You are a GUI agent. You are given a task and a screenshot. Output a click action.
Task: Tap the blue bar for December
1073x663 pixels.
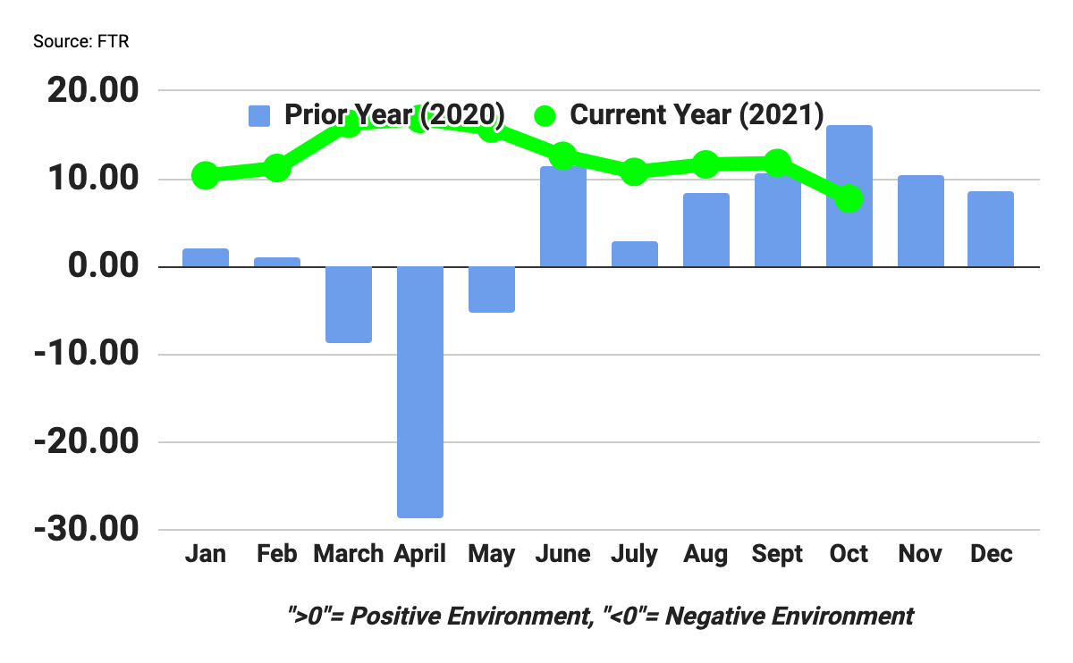pyautogui.click(x=991, y=229)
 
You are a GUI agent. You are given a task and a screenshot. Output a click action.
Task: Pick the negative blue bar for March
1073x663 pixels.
pyautogui.click(x=349, y=305)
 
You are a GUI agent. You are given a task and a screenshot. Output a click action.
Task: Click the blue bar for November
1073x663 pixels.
pyautogui.click(x=920, y=221)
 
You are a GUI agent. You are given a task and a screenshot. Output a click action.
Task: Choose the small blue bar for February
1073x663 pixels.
pyautogui.click(x=277, y=262)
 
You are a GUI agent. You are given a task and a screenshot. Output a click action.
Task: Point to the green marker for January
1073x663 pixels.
pyautogui.click(x=206, y=176)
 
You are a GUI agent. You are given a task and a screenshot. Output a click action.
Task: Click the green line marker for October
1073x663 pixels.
pyautogui.click(x=849, y=198)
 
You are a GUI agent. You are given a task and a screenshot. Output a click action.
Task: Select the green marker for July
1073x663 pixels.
pyautogui.click(x=634, y=172)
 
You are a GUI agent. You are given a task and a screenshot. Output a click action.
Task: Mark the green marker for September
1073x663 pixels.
pyautogui.click(x=777, y=163)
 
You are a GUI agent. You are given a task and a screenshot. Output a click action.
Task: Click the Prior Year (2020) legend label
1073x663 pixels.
pyautogui.click(x=394, y=115)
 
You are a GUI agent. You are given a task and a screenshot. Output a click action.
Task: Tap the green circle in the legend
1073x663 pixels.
pyautogui.click(x=545, y=115)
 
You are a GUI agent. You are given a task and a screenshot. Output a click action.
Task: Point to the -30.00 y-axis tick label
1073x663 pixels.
pyautogui.click(x=86, y=530)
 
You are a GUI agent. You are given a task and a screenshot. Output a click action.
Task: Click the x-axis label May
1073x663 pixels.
pyautogui.click(x=491, y=554)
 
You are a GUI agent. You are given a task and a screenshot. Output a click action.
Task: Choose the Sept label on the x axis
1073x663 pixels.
pyautogui.click(x=777, y=554)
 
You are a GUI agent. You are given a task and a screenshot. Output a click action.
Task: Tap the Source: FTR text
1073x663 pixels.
pyautogui.click(x=81, y=42)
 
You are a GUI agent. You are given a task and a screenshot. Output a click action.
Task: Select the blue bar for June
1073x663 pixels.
pyautogui.click(x=562, y=216)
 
